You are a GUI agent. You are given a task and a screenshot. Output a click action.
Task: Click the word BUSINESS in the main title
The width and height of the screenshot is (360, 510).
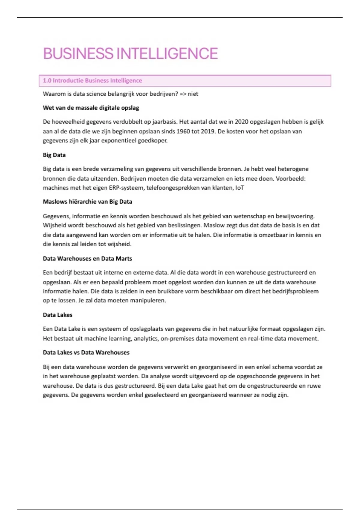(x=78, y=54)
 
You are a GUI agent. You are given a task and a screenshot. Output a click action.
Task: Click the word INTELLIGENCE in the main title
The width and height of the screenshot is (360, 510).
(x=167, y=54)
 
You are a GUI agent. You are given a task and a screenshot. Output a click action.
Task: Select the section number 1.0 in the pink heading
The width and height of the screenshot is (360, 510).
(x=47, y=80)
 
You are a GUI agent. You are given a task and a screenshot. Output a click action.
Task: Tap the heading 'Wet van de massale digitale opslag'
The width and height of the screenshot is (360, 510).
(x=91, y=108)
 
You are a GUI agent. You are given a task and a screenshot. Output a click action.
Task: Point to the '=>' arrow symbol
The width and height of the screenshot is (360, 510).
(x=183, y=94)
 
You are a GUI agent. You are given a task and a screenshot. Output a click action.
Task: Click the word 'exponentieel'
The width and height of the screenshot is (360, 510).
(x=118, y=140)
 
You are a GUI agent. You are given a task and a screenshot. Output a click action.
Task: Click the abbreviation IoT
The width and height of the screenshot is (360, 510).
(x=239, y=188)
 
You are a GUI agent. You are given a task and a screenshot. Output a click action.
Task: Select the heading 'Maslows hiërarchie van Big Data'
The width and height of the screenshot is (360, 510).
(x=87, y=202)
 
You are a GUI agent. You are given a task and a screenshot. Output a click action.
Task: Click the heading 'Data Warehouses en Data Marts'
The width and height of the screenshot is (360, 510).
(x=87, y=259)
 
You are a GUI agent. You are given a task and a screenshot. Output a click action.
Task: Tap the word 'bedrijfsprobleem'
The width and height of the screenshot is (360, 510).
(x=295, y=291)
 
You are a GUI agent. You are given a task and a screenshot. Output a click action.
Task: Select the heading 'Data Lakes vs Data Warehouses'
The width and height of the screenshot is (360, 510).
(x=86, y=352)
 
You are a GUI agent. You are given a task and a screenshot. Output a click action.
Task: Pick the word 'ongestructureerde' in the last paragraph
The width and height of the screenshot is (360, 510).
(x=272, y=386)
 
